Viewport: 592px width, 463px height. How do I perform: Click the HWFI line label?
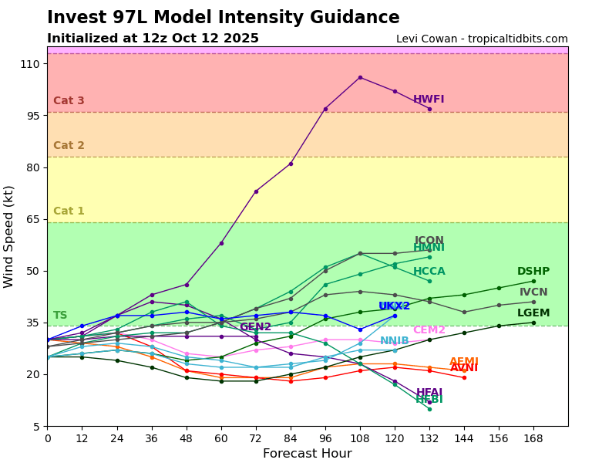coord(429,100)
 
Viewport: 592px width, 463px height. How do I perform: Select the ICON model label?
coord(429,241)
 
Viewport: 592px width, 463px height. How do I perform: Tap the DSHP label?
coord(533,272)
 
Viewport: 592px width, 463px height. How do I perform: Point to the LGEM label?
coord(533,313)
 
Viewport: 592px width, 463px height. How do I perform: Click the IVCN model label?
coord(533,292)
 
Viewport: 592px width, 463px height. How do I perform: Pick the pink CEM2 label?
coord(429,330)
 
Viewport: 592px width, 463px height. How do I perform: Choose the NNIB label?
coord(395,341)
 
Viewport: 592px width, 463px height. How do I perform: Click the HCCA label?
coord(429,272)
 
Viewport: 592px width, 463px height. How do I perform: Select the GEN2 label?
coord(255,327)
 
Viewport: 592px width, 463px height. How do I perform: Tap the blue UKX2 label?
coord(395,306)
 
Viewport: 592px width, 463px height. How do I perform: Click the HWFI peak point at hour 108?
coord(360,77)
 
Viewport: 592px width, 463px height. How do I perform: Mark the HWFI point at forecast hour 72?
coord(256,191)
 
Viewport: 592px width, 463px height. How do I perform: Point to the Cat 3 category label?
coord(69,101)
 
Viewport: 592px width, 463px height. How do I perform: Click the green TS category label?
coord(60,316)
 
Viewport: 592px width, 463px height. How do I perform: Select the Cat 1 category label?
coord(69,211)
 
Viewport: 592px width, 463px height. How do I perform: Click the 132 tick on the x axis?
coord(429,438)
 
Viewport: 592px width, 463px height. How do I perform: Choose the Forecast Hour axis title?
coord(307,454)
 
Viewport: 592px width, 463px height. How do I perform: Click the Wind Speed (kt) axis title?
coord(9,236)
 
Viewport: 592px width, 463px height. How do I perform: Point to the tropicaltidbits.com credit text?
coord(482,39)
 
